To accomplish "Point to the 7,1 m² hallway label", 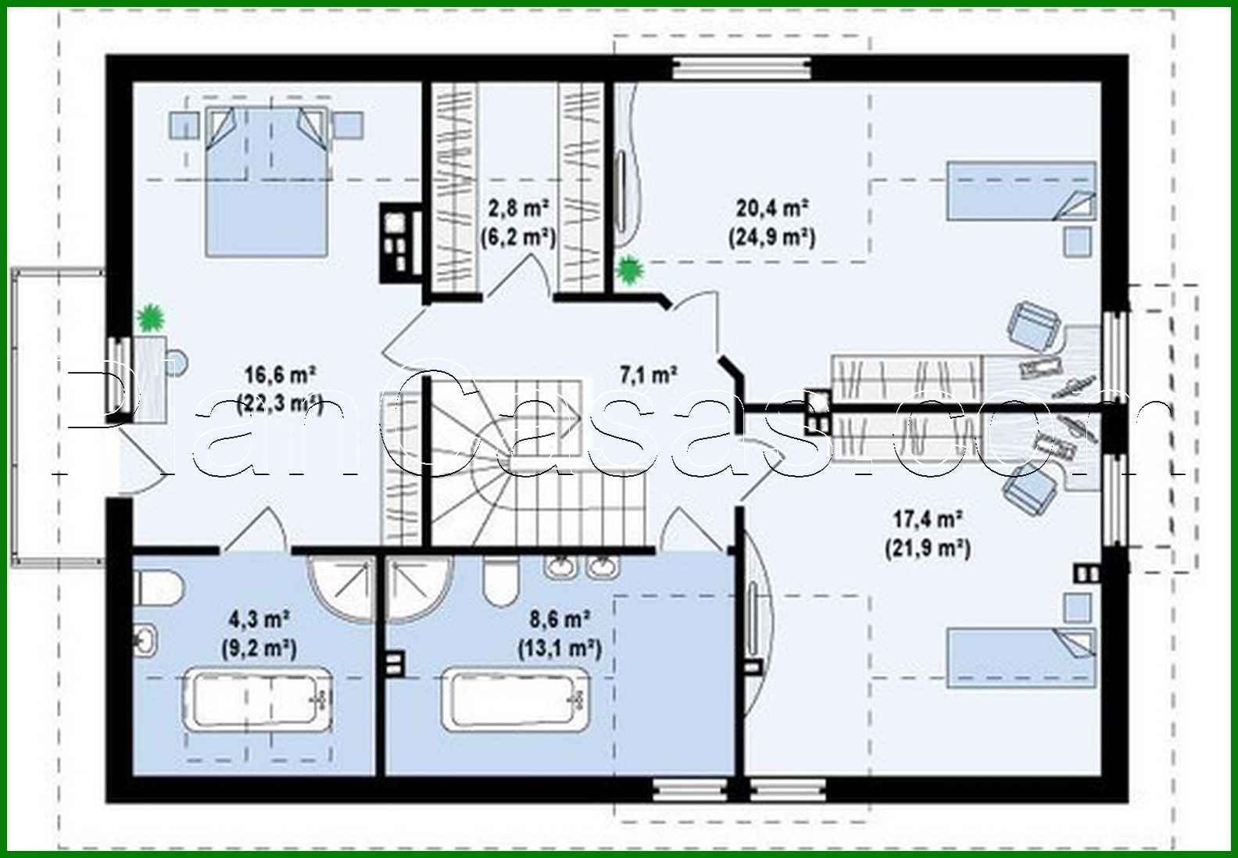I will pos(648,376).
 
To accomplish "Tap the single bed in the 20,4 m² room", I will pos(1021,190).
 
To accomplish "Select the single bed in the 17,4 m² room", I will pos(1021,657).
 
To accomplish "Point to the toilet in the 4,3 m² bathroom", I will pos(157,586).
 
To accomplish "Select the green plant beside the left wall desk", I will pos(149,317).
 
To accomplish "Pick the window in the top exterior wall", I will pos(741,69).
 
